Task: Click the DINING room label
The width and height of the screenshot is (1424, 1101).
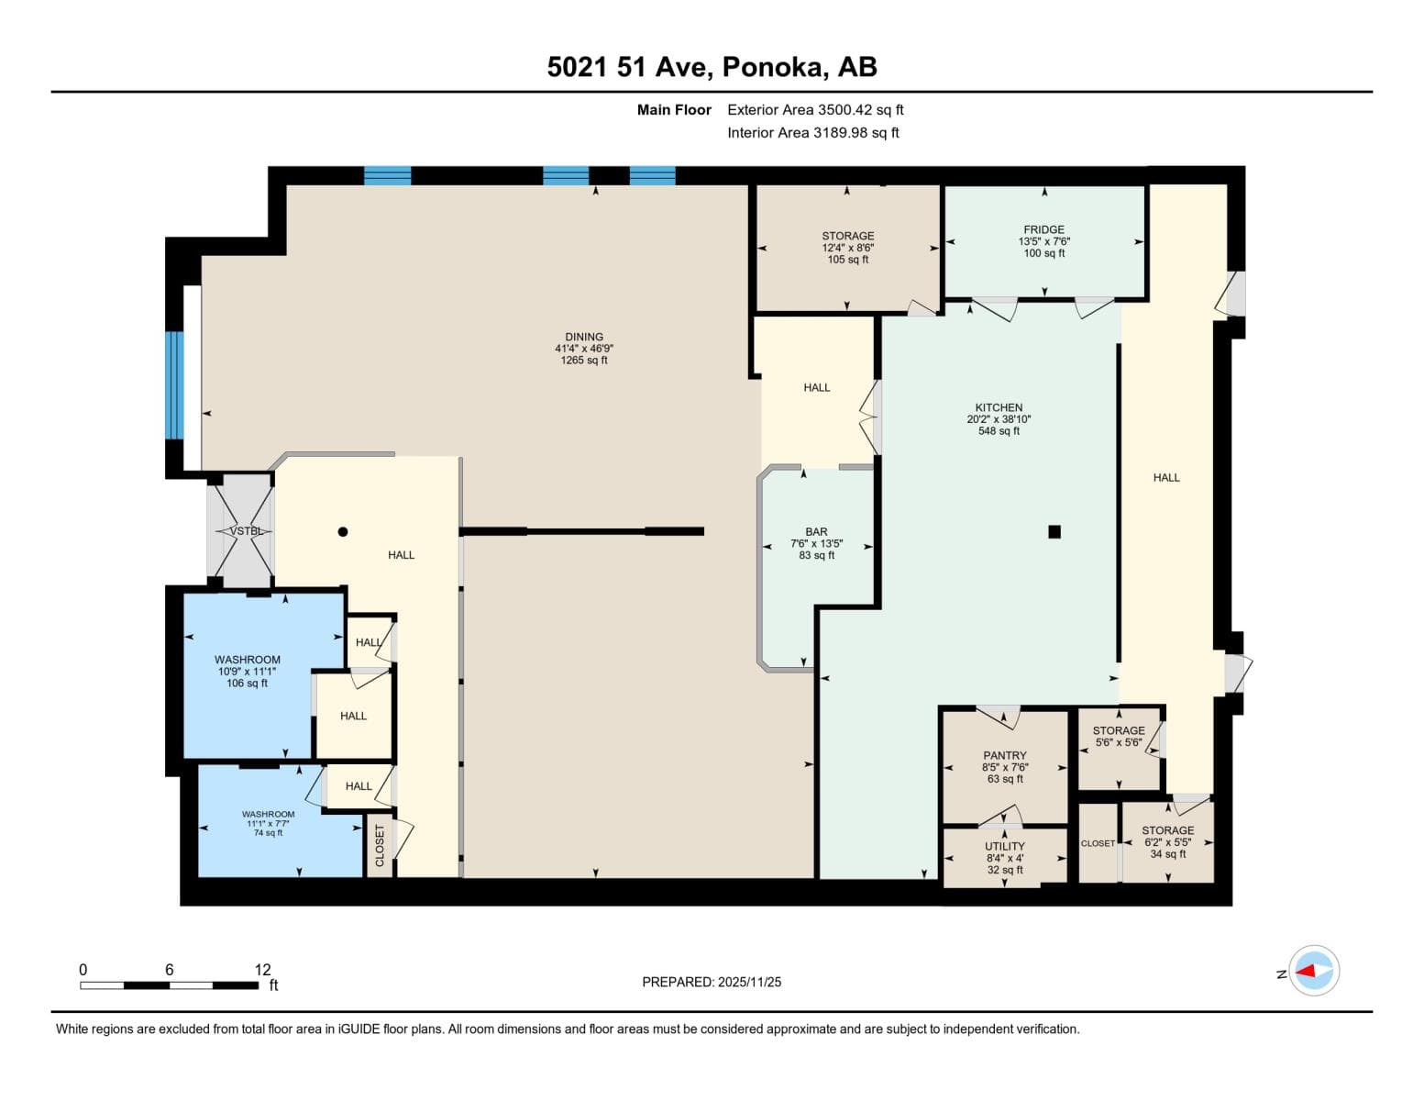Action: [584, 337]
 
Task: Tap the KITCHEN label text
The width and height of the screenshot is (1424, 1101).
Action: [999, 407]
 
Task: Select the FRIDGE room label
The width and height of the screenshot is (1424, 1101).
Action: [1044, 229]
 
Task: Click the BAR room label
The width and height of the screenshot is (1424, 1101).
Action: [816, 532]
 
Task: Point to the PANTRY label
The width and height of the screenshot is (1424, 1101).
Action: [1005, 755]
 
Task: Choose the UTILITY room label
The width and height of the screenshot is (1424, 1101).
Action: [1005, 846]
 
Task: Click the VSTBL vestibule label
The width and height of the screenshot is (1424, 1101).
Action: [246, 531]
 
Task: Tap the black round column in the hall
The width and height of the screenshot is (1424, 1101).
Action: [343, 531]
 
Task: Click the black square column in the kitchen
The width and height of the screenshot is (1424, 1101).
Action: [1054, 531]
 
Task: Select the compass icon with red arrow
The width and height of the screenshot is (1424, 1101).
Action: [1315, 971]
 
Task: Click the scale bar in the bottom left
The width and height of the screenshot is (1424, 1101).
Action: [170, 985]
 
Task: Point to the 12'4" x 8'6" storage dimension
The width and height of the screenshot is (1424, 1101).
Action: [847, 248]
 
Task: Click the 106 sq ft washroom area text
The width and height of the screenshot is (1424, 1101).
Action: [248, 684]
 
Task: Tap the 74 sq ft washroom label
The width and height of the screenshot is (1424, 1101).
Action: [268, 833]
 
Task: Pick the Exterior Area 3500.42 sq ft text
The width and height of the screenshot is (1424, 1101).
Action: [815, 109]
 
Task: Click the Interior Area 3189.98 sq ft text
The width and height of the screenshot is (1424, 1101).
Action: [813, 132]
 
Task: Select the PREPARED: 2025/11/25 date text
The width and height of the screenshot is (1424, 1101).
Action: [712, 982]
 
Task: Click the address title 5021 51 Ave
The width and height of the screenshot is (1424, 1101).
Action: [712, 67]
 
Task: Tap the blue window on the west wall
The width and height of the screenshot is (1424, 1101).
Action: [173, 385]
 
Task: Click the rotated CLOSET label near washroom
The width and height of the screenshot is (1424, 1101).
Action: [380, 845]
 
